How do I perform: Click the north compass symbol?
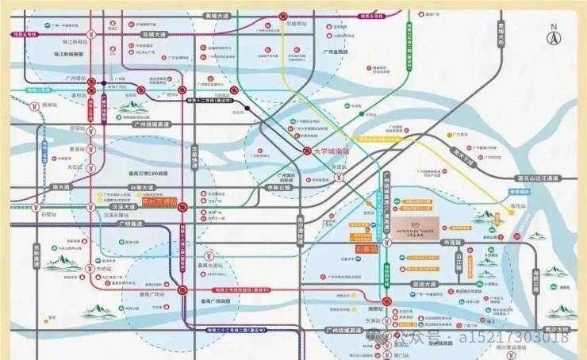point(554,35)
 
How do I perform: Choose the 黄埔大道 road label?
point(215,16)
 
